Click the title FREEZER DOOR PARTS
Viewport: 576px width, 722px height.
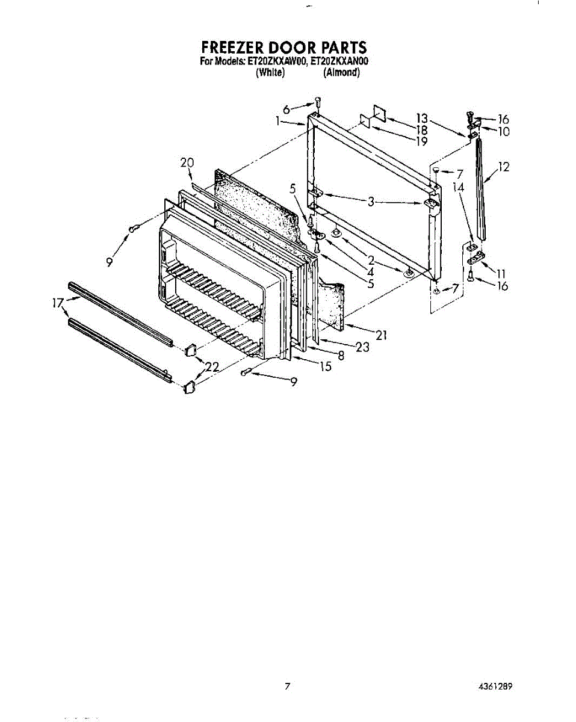[x=283, y=48]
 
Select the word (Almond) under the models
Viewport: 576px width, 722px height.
[x=341, y=73]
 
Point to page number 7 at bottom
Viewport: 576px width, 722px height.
[x=288, y=687]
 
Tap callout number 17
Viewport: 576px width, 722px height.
[x=58, y=304]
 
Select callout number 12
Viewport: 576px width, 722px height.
[x=504, y=167]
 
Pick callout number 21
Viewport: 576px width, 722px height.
[x=380, y=335]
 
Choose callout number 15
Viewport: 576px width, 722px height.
[x=325, y=366]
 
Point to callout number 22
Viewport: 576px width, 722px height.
[x=211, y=365]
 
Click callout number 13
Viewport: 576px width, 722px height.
[x=421, y=119]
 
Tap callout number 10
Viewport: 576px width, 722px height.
[x=503, y=131]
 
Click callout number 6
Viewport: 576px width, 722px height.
[x=286, y=109]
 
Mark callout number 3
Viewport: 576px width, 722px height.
[x=371, y=202]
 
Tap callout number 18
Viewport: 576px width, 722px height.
[x=421, y=130]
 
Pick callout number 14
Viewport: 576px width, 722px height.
[x=459, y=187]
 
